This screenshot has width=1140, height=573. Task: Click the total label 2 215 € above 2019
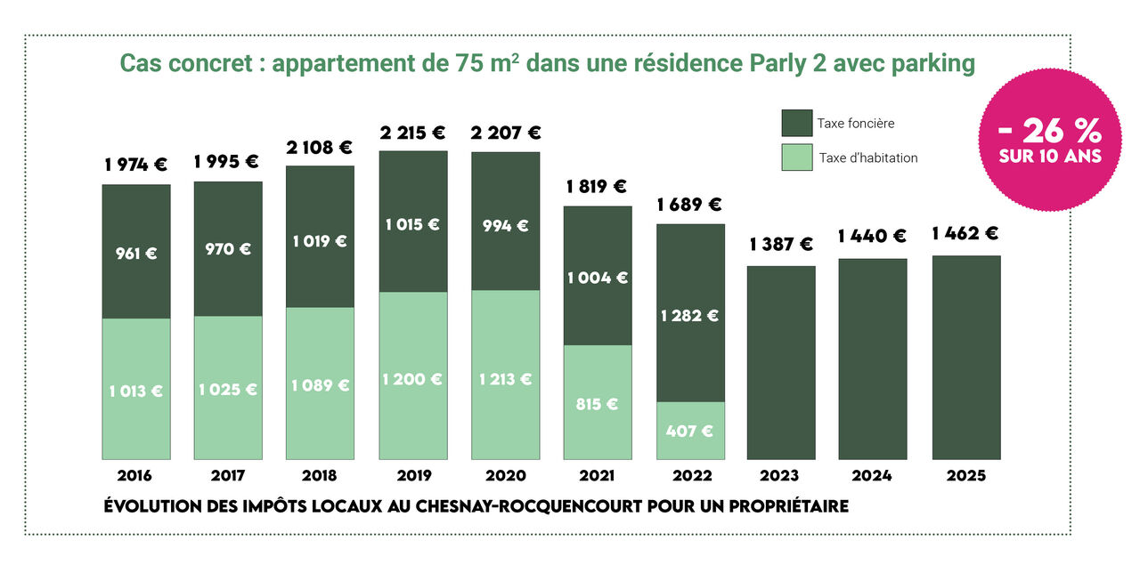point(412,133)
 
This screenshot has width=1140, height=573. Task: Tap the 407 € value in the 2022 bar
point(690,432)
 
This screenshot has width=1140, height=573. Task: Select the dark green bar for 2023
point(781,362)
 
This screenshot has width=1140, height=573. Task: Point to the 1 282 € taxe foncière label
point(688,316)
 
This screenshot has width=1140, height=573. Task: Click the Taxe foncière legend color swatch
point(796,124)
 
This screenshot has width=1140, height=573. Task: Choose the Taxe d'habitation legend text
point(867,158)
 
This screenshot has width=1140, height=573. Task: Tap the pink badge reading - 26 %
point(1050,141)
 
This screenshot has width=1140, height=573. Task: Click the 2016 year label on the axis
point(134,476)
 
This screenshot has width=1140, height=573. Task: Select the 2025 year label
point(965,476)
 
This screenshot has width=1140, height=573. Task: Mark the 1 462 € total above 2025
point(965,234)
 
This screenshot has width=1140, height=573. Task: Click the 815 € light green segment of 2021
point(598,404)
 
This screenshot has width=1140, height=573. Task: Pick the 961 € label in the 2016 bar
point(136,254)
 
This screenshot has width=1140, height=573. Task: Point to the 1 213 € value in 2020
point(505,380)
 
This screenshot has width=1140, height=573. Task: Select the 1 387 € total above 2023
point(780,244)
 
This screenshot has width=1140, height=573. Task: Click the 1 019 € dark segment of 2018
point(320,241)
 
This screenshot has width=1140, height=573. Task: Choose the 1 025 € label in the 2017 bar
point(228,390)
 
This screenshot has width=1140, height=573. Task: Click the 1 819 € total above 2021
point(597,187)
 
